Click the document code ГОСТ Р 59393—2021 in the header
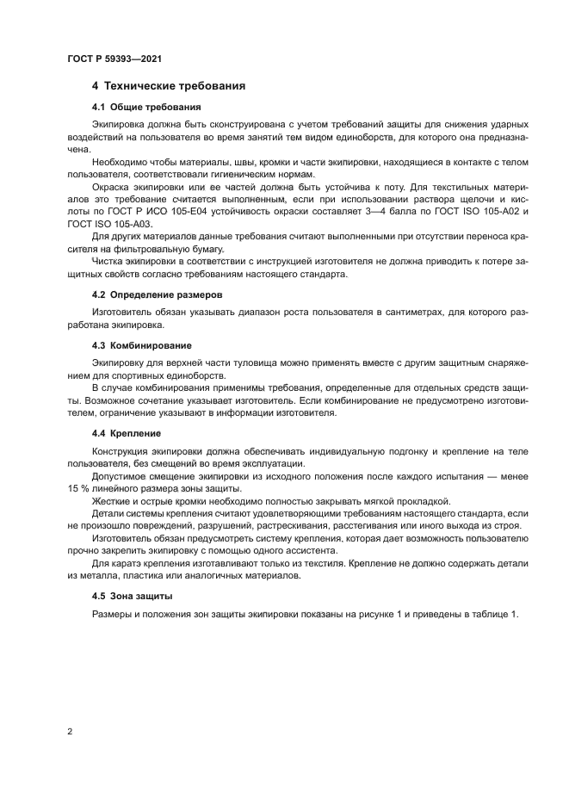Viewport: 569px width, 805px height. tap(114, 59)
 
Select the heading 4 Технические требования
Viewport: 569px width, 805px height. tap(170, 87)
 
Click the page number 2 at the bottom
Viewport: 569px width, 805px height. tap(69, 731)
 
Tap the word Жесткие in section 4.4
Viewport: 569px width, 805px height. tap(112, 502)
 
